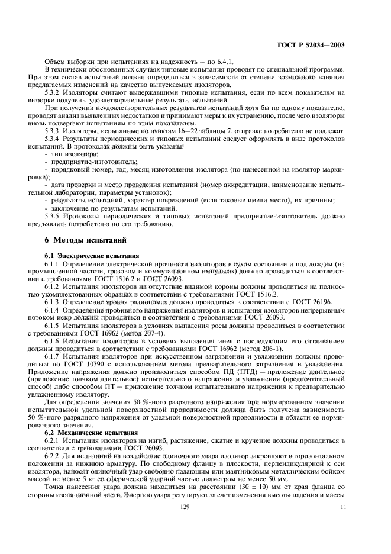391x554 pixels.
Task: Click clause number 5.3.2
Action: pos(54,92)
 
